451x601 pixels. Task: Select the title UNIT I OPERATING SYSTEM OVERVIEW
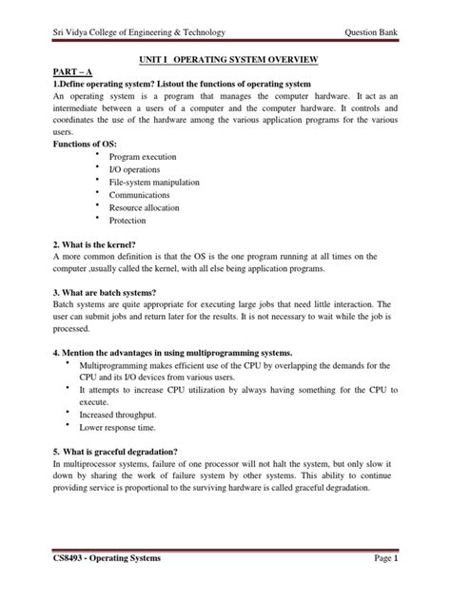coord(225,60)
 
